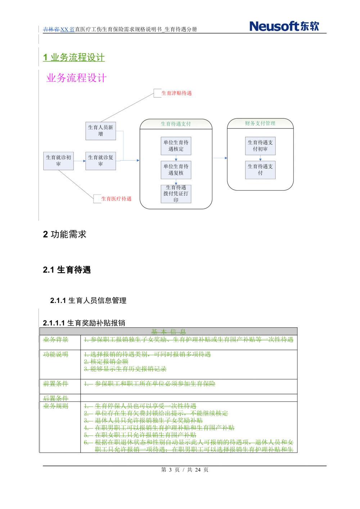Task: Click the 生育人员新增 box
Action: (x=100, y=131)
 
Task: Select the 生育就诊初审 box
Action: (x=58, y=160)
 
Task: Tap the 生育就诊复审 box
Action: (x=100, y=160)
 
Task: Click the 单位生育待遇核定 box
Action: (x=176, y=145)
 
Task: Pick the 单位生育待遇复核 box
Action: (x=176, y=169)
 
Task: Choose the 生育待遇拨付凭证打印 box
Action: (x=176, y=194)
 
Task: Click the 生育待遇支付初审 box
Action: (x=260, y=145)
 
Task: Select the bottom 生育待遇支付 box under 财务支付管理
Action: (x=260, y=169)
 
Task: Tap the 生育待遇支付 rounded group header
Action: (x=176, y=124)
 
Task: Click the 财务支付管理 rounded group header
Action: (x=260, y=123)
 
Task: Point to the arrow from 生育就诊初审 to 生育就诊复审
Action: (x=79, y=161)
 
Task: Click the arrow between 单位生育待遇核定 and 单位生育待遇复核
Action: (x=176, y=158)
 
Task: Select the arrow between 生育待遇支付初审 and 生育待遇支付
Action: (x=260, y=158)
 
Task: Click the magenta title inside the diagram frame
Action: (x=77, y=78)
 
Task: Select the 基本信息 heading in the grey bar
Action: (x=168, y=332)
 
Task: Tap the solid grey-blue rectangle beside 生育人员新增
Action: (x=131, y=146)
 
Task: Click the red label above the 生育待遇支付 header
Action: (x=176, y=94)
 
